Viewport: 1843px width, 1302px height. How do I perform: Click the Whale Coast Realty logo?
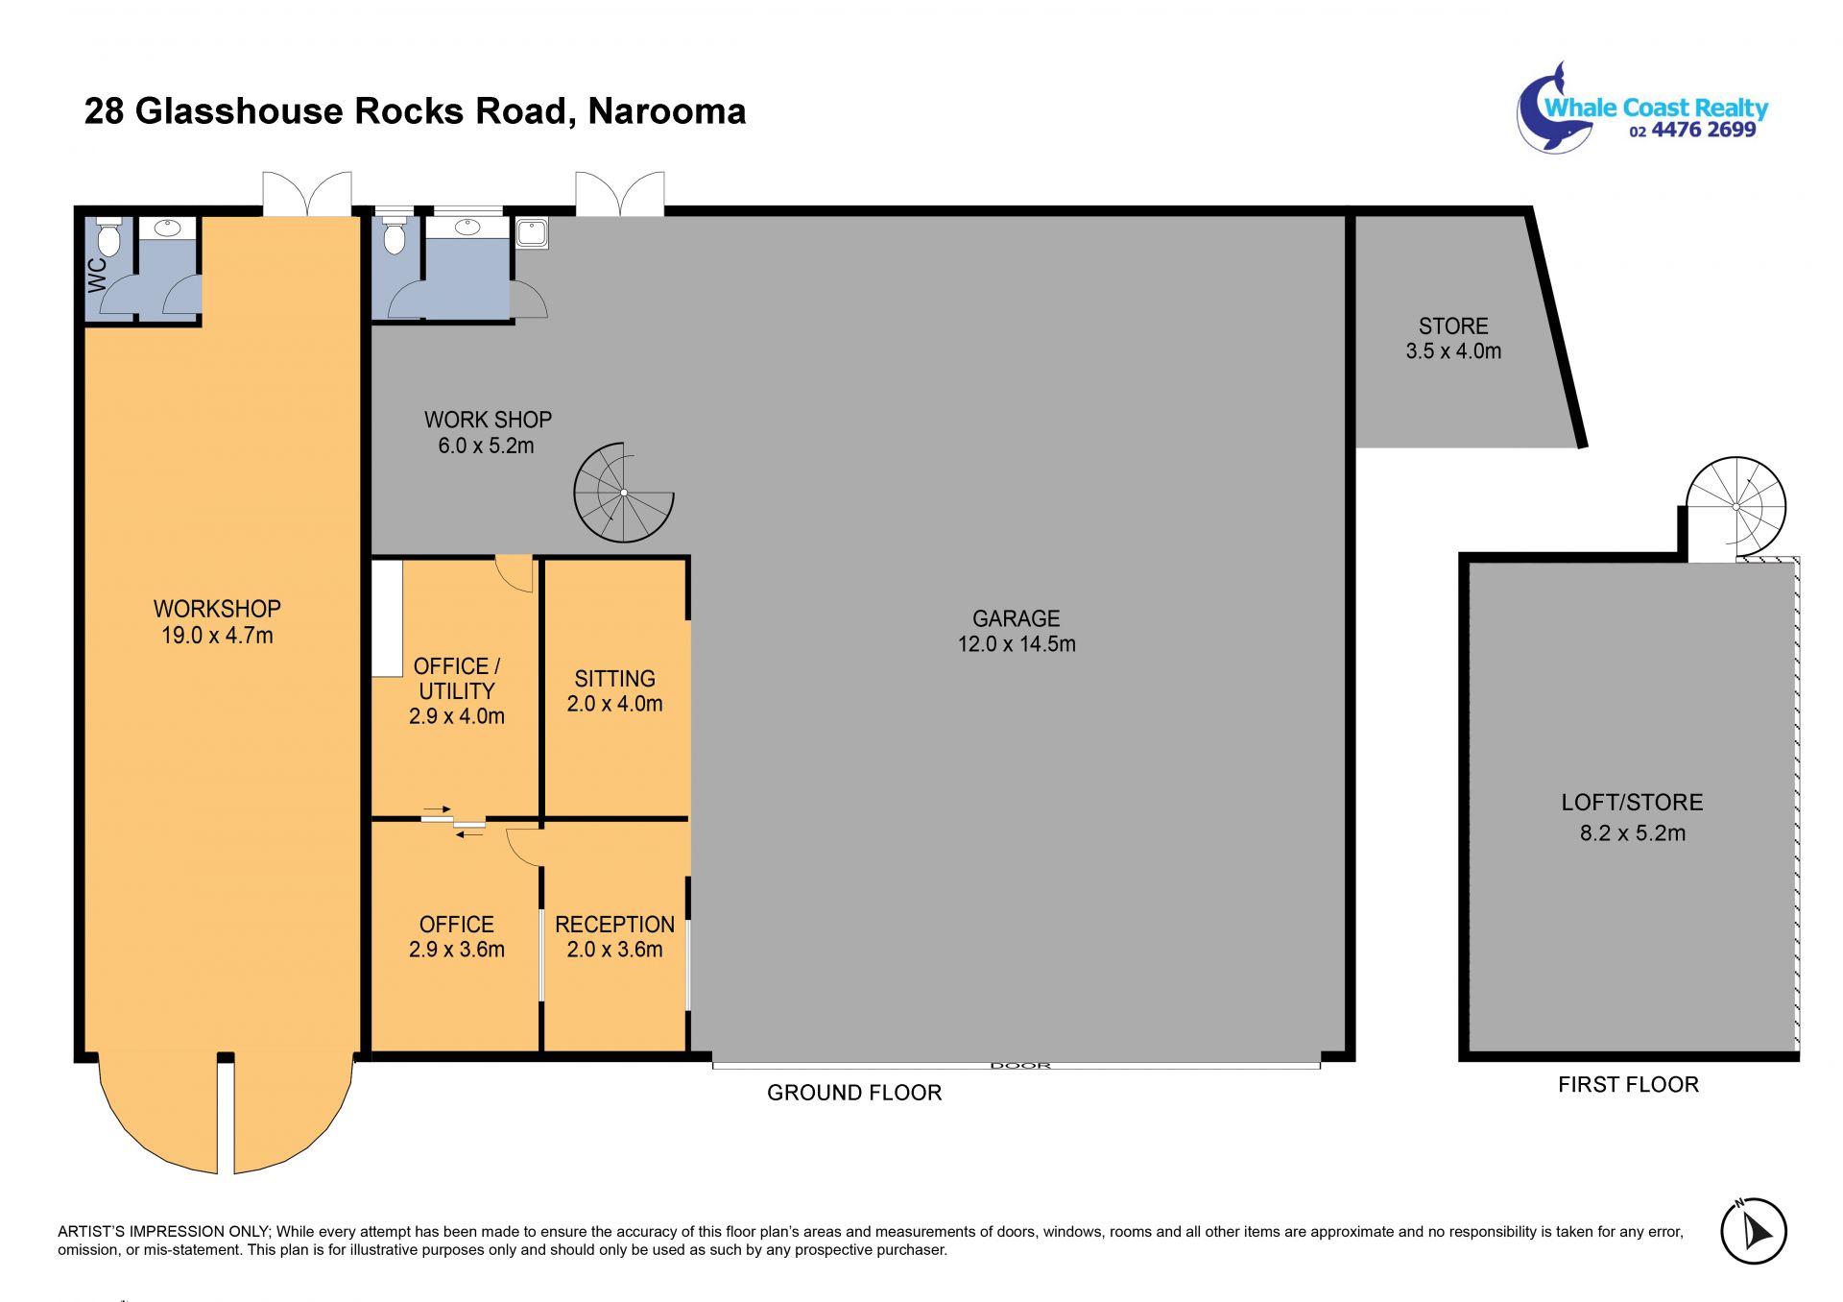click(1642, 108)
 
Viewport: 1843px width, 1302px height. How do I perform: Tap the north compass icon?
click(1753, 1230)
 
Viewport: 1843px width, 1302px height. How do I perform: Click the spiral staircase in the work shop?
click(624, 493)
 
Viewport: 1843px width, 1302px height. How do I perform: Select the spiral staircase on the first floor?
click(1735, 507)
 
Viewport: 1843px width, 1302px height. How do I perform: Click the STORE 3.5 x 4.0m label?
click(1453, 339)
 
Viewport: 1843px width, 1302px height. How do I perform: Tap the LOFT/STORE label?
click(1632, 802)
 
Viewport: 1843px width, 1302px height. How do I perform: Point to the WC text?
click(98, 275)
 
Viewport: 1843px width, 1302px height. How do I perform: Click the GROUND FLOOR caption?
click(854, 1093)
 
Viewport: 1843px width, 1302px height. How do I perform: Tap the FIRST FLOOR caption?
click(1628, 1085)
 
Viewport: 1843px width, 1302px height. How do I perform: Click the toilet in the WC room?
click(108, 236)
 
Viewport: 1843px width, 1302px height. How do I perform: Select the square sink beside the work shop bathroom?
click(532, 232)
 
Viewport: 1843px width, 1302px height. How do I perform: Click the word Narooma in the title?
click(667, 111)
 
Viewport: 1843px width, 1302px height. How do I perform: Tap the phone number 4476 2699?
click(1704, 130)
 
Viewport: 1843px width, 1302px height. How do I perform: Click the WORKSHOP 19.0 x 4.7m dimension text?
click(217, 636)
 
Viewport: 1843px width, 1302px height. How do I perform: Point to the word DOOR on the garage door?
click(1020, 1065)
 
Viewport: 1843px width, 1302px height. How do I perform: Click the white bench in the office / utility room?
click(387, 618)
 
